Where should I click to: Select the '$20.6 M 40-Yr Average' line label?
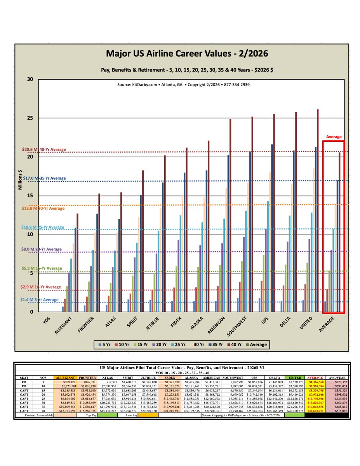44,150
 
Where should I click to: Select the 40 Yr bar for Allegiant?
77,263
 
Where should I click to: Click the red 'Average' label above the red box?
334,137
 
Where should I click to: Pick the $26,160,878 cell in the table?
295,410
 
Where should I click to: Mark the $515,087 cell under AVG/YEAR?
336,410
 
